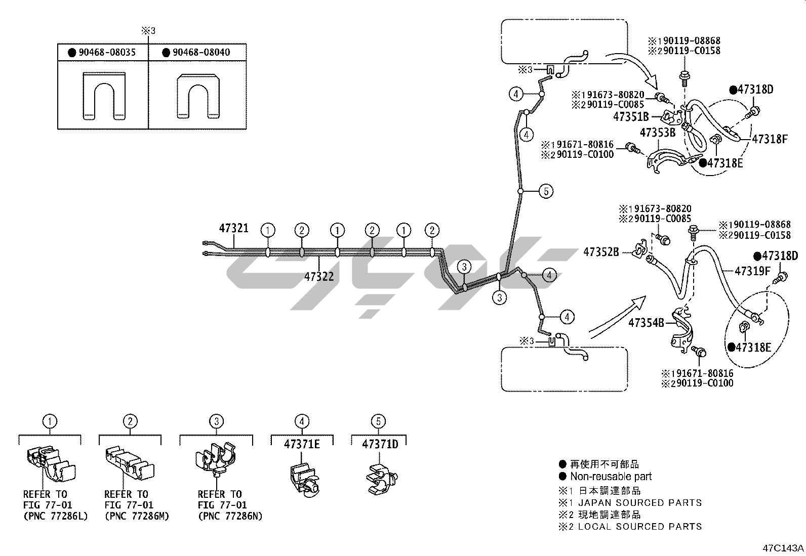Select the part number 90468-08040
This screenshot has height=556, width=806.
coord(201,53)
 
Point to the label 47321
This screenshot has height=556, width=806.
coord(233,229)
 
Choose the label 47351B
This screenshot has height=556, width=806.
coord(631,117)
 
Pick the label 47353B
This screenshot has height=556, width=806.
coord(658,133)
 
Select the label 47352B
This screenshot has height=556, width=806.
coord(601,251)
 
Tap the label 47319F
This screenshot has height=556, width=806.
coord(752,272)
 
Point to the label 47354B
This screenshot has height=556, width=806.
coord(646,322)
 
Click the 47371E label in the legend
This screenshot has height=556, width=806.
coord(302,444)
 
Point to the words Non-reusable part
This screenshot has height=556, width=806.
coord(611,477)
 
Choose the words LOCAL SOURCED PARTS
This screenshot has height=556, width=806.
coord(640,527)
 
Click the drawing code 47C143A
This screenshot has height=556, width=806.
coord(783,548)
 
